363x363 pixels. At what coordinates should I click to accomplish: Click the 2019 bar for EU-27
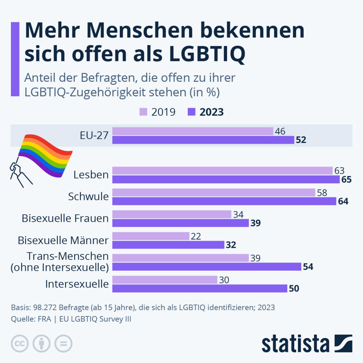coord(193,131)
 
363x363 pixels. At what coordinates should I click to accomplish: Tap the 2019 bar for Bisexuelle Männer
coord(151,236)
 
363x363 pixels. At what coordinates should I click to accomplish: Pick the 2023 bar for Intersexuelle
coord(200,288)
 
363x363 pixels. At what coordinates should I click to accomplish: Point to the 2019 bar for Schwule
coord(214,193)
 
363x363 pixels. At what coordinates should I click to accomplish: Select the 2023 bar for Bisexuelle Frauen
coord(180,223)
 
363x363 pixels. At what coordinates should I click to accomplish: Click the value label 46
coord(280,131)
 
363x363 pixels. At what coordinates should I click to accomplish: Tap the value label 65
coord(347,180)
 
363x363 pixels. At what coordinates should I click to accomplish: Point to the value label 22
coord(195,236)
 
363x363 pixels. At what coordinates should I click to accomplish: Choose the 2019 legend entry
coord(158,112)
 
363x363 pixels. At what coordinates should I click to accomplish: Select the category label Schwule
coord(88,197)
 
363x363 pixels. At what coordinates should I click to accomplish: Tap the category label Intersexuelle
coord(77,284)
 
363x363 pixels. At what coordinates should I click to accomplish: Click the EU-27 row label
coord(94,136)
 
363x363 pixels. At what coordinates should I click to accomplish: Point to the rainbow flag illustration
coord(42,156)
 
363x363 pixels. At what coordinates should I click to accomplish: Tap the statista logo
coord(307,343)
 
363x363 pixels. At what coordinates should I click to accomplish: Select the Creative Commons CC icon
coord(20,343)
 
